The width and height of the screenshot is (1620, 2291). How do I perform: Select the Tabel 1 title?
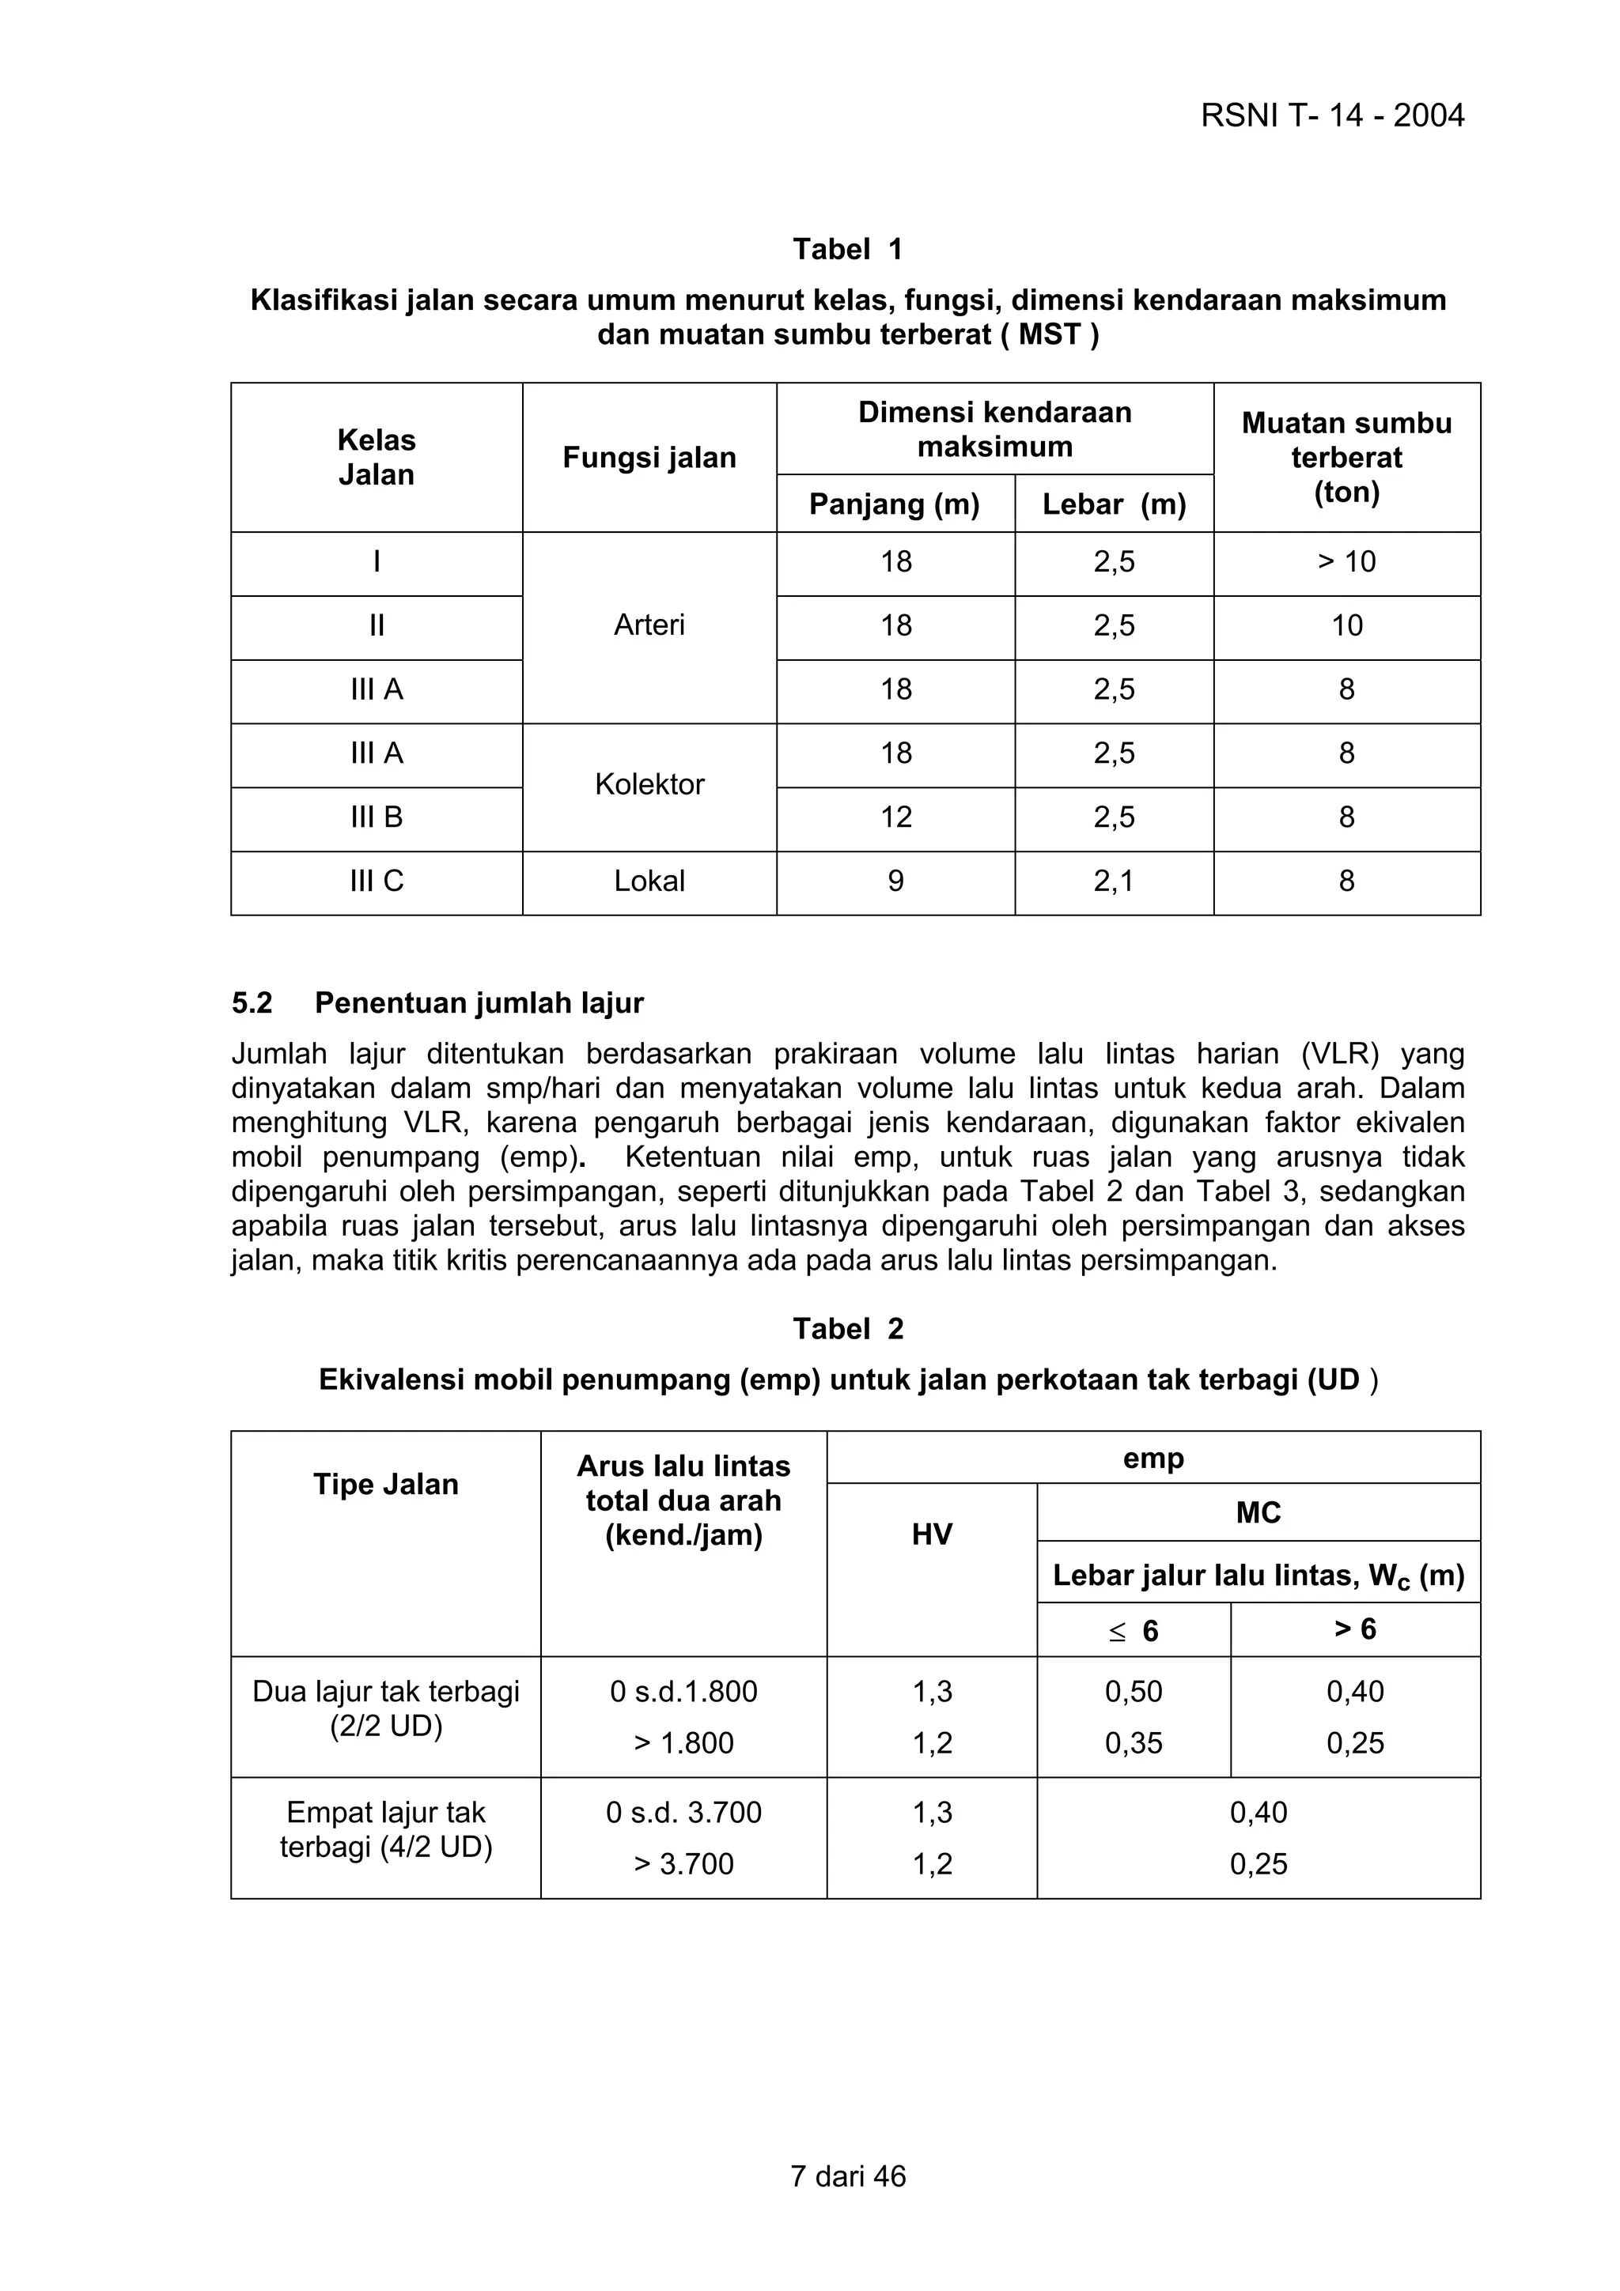tap(847, 250)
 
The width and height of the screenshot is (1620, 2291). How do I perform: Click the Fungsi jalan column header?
tap(649, 458)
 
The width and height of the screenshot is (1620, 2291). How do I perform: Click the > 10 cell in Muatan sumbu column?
tap(1346, 562)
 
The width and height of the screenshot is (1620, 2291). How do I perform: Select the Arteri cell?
tap(649, 625)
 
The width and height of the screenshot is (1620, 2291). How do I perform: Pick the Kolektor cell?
tap(649, 784)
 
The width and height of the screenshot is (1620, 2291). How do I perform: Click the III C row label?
tap(377, 881)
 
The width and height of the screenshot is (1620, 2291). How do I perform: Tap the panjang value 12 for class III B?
tap(895, 817)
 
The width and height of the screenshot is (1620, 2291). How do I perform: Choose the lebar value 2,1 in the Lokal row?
tap(1114, 881)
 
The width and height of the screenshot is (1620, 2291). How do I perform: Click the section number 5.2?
tap(252, 1003)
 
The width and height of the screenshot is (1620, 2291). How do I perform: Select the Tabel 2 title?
tap(847, 1329)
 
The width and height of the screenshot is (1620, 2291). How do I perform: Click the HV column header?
tap(931, 1534)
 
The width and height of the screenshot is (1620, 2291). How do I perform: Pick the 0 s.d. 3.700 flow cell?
tap(683, 1812)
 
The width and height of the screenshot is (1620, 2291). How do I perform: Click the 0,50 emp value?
tap(1133, 1691)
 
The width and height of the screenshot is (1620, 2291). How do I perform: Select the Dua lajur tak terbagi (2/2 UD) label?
tap(386, 1708)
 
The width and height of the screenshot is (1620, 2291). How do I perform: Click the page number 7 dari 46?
tap(847, 2176)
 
